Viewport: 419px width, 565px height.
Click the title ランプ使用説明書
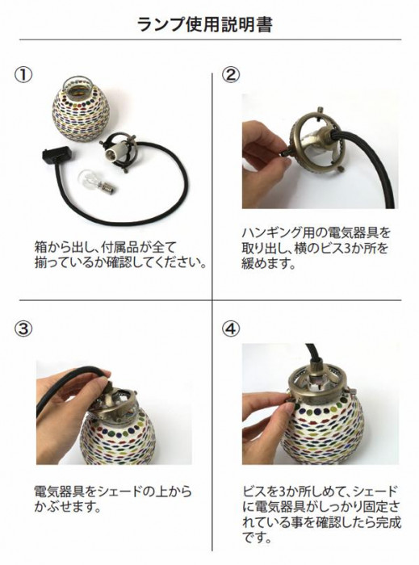point(204,24)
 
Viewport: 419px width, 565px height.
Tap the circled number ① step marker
point(23,74)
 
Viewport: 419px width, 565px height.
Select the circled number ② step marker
point(231,74)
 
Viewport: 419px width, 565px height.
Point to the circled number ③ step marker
point(23,329)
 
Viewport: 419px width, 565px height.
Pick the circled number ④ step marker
point(231,329)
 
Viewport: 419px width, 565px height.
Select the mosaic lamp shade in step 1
point(81,107)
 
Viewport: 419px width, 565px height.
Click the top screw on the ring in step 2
point(320,110)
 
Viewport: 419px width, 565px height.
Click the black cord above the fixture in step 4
point(312,357)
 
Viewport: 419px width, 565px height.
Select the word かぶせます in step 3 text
point(67,507)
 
